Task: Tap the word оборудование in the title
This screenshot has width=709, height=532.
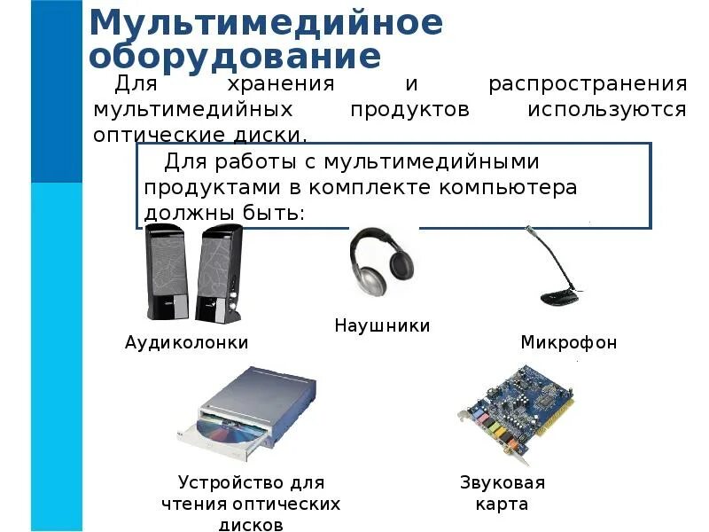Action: tap(236, 56)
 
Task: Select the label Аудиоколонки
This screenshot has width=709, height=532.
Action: tap(187, 342)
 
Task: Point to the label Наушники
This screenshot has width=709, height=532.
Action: tap(382, 326)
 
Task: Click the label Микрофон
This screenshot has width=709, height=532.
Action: tap(568, 342)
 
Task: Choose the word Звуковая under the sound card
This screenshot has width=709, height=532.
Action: tap(502, 483)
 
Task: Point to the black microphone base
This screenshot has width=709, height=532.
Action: tap(560, 294)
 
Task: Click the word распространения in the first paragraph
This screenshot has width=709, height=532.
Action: tap(588, 85)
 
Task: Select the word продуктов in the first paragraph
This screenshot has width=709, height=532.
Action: tap(409, 111)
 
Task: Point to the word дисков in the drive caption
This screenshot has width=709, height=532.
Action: tap(251, 524)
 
